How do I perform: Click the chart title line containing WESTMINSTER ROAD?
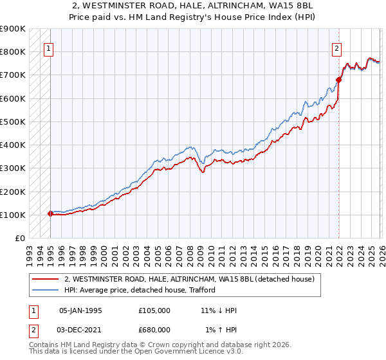click(193, 6)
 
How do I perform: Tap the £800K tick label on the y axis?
click(12, 52)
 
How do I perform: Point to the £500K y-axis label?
click(12, 122)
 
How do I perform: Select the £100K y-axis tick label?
click(12, 215)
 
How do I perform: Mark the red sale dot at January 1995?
click(51, 213)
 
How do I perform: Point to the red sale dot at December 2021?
click(338, 80)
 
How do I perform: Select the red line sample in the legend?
click(46, 279)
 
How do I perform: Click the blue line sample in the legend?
click(46, 290)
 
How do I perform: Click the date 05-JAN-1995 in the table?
click(80, 310)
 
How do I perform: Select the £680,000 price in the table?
click(154, 330)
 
